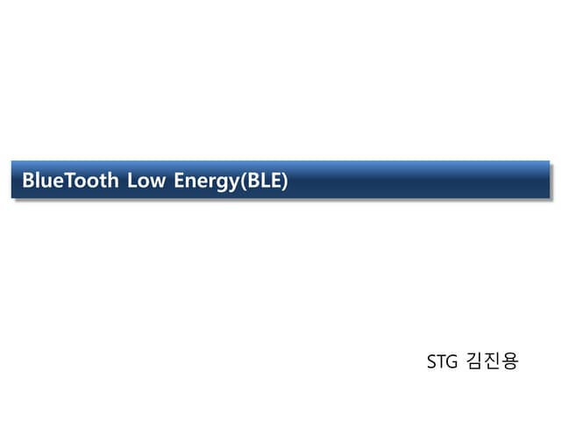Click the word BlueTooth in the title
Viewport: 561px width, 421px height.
(70, 180)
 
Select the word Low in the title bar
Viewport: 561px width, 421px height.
(146, 180)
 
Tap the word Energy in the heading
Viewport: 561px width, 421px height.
(207, 182)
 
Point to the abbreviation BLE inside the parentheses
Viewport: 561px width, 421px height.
(264, 180)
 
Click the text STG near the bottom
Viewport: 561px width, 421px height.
(442, 361)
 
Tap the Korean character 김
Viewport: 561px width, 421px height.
(475, 360)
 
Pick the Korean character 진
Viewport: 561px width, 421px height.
(493, 360)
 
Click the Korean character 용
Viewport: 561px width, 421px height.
(510, 360)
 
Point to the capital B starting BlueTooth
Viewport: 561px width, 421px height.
(28, 180)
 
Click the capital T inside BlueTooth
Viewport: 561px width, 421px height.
(72, 180)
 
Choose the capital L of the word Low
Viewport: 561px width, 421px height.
(133, 180)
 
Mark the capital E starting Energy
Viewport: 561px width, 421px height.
(180, 180)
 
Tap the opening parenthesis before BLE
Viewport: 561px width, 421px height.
(244, 181)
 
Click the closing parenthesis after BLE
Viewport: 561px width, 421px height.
(284, 181)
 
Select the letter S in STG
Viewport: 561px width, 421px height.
(432, 361)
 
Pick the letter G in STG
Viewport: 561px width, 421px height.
(452, 361)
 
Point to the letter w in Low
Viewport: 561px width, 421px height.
(159, 182)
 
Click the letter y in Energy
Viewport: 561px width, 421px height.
(233, 184)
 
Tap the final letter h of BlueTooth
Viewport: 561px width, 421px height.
(113, 180)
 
